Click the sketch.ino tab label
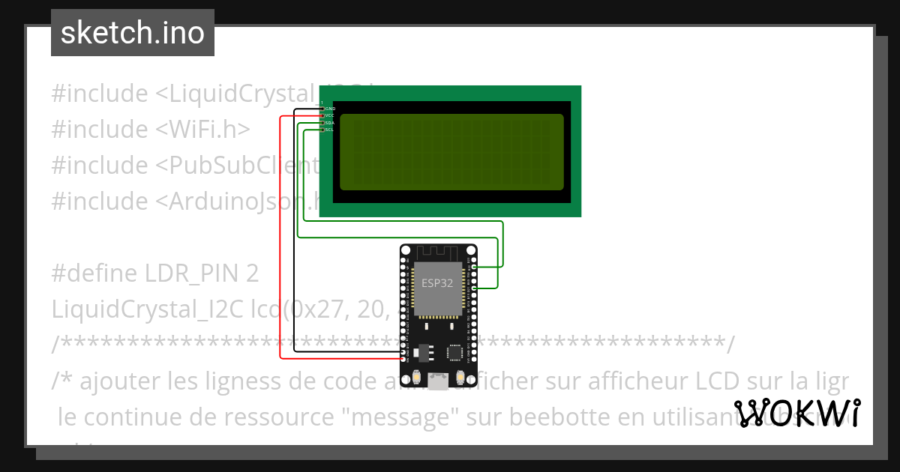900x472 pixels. click(133, 33)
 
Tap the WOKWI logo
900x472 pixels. click(797, 413)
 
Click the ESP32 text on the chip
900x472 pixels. click(437, 283)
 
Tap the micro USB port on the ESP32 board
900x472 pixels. click(439, 381)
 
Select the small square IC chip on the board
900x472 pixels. click(454, 351)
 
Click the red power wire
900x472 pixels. click(280, 240)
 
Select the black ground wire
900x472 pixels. click(295, 240)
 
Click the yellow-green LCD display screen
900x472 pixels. click(451, 152)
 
